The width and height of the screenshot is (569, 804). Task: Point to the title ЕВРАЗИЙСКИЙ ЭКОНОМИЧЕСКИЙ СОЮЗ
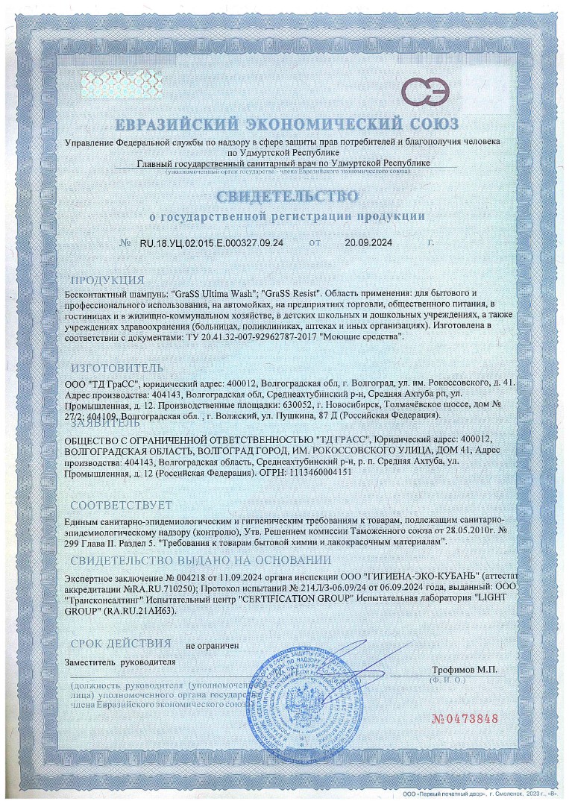(x=286, y=124)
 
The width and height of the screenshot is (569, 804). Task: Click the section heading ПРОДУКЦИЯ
(x=108, y=280)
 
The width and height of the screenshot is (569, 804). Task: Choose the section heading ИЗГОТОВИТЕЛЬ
(x=116, y=368)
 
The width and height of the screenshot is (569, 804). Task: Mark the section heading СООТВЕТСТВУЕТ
(x=121, y=505)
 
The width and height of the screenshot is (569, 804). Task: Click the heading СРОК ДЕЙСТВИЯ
(x=122, y=643)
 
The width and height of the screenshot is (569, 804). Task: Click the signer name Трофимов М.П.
(x=464, y=670)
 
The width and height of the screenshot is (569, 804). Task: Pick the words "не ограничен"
(x=212, y=645)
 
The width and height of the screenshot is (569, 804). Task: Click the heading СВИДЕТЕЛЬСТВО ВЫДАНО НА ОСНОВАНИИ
(x=201, y=561)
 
